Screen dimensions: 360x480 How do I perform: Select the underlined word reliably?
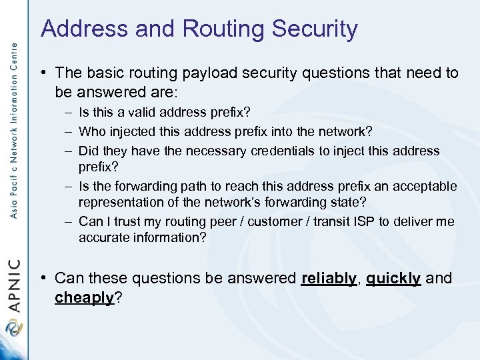328,278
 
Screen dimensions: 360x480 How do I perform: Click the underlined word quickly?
393,278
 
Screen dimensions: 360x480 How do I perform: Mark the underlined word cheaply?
85,298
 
